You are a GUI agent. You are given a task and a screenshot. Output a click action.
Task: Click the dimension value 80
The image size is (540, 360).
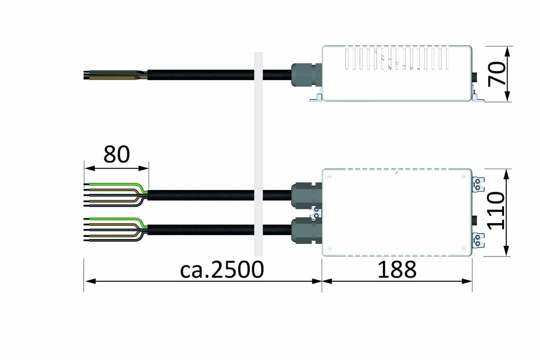(117, 154)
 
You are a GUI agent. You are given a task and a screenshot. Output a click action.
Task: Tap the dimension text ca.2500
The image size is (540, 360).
(221, 270)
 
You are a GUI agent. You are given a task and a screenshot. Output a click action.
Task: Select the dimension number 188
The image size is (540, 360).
(397, 270)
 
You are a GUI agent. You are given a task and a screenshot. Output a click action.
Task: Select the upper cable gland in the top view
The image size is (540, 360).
(306, 194)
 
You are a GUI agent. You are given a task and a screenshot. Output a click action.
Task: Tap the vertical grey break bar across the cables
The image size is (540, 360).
(258, 153)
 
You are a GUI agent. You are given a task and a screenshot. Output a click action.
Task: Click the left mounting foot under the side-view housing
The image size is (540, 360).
(316, 97)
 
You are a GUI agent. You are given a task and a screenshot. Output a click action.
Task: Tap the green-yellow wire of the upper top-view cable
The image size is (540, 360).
(117, 184)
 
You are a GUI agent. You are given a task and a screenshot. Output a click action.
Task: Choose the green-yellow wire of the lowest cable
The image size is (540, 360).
(117, 219)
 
